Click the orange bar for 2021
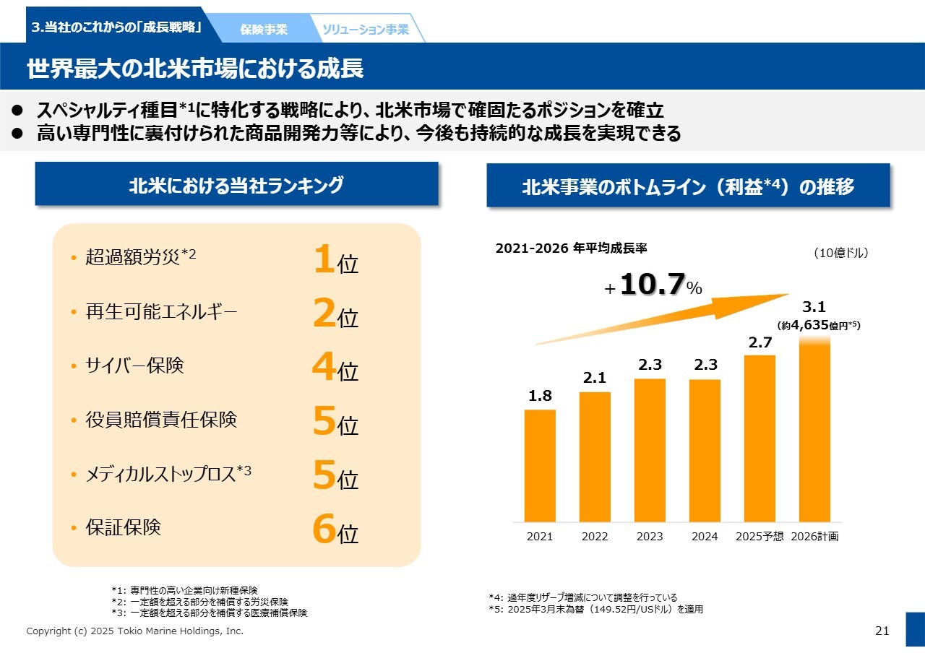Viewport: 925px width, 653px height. pyautogui.click(x=540, y=465)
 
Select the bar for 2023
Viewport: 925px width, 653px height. pyautogui.click(x=650, y=449)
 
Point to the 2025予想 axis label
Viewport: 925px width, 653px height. pyautogui.click(x=760, y=537)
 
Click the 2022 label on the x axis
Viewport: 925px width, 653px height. pyautogui.click(x=595, y=537)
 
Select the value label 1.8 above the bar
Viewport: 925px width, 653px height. pyautogui.click(x=540, y=396)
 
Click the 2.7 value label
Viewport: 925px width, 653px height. pyautogui.click(x=760, y=342)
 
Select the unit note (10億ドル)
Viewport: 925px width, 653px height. pyautogui.click(x=840, y=253)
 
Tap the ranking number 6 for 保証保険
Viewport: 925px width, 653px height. pyautogui.click(x=324, y=529)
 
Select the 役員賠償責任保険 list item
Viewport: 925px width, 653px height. pyautogui.click(x=161, y=420)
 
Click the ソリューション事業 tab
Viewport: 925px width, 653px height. pyautogui.click(x=366, y=30)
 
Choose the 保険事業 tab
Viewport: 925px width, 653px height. pyautogui.click(x=264, y=30)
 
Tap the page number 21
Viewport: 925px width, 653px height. pyautogui.click(x=882, y=631)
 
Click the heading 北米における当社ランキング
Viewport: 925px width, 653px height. pyautogui.click(x=236, y=186)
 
